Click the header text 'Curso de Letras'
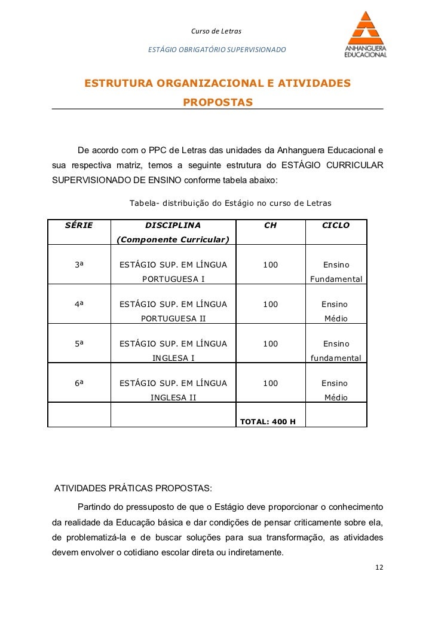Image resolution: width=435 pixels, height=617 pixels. pyautogui.click(x=216, y=31)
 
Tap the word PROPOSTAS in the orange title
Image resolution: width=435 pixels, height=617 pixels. pyautogui.click(x=217, y=104)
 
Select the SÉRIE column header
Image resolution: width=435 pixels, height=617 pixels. pyautogui.click(x=78, y=226)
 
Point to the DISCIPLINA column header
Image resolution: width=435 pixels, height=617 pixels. pyautogui.click(x=173, y=226)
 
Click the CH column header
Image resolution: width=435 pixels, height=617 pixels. pyautogui.click(x=270, y=226)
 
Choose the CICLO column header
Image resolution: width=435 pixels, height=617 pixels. pyautogui.click(x=336, y=226)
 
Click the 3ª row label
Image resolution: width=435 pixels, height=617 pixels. pyautogui.click(x=79, y=265)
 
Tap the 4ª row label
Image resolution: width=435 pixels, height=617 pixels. pyautogui.click(x=79, y=304)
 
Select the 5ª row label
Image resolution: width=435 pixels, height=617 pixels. pyautogui.click(x=79, y=344)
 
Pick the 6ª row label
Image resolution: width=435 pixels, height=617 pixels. pyautogui.click(x=79, y=383)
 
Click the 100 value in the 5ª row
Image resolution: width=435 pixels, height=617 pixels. pyautogui.click(x=270, y=344)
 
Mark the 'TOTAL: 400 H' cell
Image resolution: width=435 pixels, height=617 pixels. pyautogui.click(x=268, y=421)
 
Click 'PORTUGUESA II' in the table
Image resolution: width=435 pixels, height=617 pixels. pyautogui.click(x=173, y=318)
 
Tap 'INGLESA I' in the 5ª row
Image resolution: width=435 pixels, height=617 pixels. pyautogui.click(x=173, y=358)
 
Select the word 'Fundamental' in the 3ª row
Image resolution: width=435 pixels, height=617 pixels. pyautogui.click(x=336, y=279)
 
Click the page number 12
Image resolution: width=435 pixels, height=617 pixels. pyautogui.click(x=379, y=567)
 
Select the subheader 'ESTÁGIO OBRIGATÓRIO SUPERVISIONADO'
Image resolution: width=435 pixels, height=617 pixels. pyautogui.click(x=217, y=48)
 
